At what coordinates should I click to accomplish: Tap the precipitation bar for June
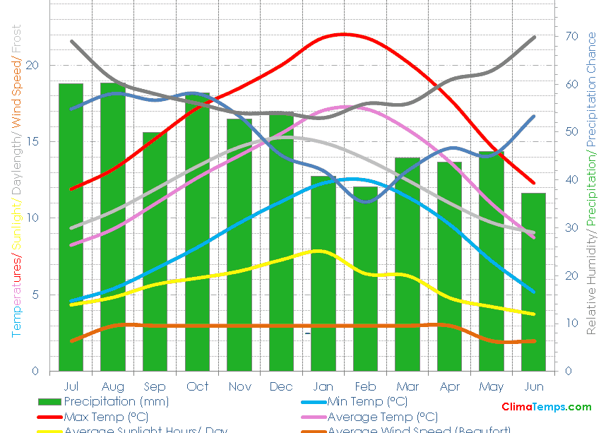(533, 282)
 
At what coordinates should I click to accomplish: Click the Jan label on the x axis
(323, 386)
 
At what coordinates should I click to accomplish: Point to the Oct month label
(197, 386)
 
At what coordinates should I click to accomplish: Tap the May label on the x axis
(492, 386)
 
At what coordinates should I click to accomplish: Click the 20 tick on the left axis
(32, 66)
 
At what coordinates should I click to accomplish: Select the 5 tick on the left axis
(35, 295)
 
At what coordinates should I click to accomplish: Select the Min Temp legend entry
(367, 402)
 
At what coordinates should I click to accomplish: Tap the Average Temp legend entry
(382, 417)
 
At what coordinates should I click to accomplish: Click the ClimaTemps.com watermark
(546, 407)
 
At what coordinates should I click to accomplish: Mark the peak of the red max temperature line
(343, 34)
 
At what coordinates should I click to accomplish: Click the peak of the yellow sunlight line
(317, 251)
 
